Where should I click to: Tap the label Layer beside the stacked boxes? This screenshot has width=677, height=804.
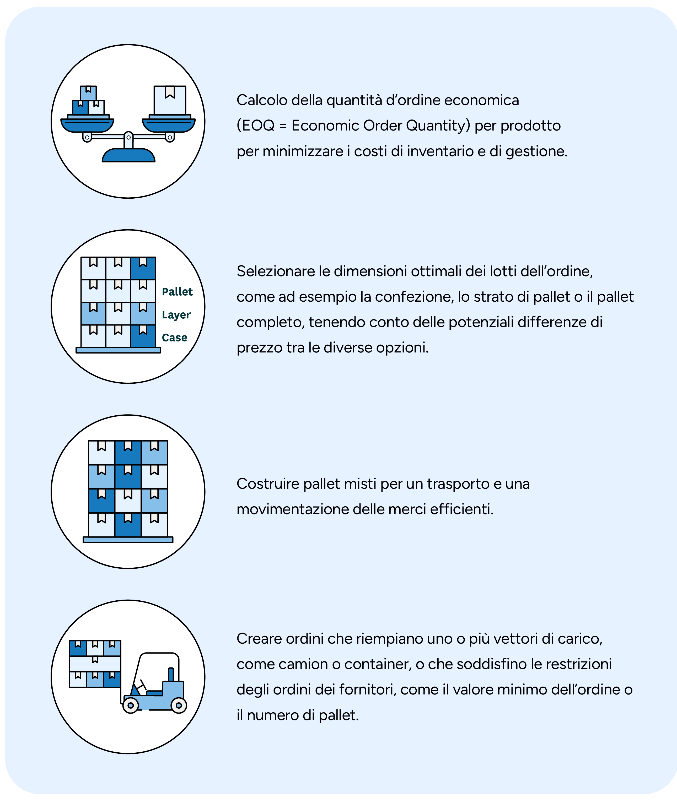click(176, 315)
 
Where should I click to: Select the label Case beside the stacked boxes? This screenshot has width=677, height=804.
click(175, 338)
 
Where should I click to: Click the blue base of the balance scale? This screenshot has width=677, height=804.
click(128, 155)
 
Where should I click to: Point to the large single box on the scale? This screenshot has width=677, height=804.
click(170, 100)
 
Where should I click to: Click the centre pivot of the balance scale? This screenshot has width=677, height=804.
click(128, 137)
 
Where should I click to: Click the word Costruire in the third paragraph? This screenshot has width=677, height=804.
click(268, 484)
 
